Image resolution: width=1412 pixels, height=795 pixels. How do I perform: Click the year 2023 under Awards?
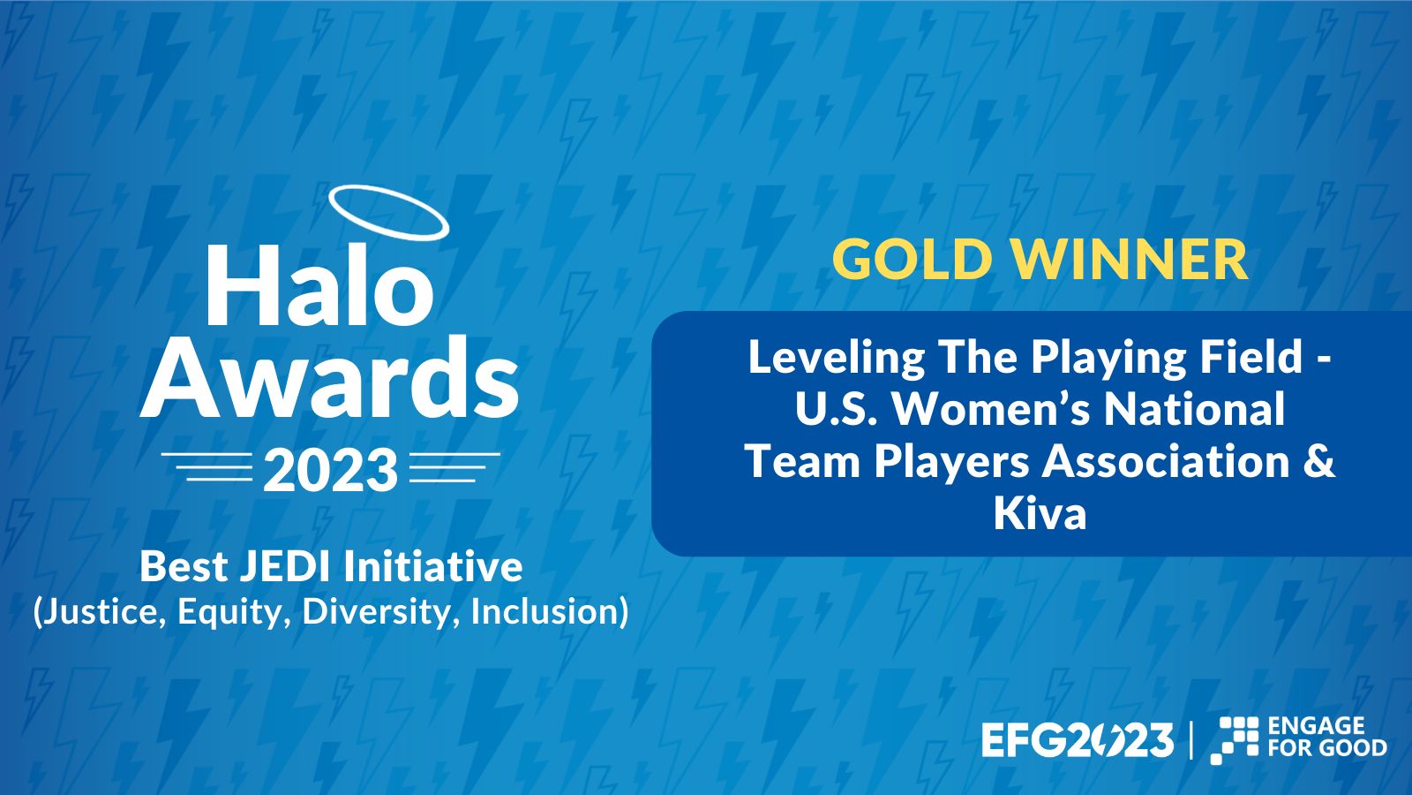pyautogui.click(x=330, y=469)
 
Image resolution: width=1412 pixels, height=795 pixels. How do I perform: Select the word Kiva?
pyautogui.click(x=1040, y=514)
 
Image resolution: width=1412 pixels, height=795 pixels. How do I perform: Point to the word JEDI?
pyautogui.click(x=285, y=566)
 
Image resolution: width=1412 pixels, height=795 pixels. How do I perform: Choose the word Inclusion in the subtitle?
pyautogui.click(x=545, y=611)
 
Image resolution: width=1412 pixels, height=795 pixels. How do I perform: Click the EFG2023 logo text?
pyautogui.click(x=1078, y=740)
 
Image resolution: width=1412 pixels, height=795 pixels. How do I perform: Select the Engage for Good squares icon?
pyautogui.click(x=1234, y=740)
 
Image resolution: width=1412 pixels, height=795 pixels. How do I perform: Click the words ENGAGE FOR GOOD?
pyautogui.click(x=1327, y=737)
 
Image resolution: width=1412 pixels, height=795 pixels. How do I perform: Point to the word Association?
pyautogui.click(x=1166, y=462)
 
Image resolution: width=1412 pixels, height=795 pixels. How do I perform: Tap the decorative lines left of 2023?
pyautogui.click(x=207, y=466)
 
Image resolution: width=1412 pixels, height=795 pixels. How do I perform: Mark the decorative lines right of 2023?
pyautogui.click(x=454, y=466)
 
